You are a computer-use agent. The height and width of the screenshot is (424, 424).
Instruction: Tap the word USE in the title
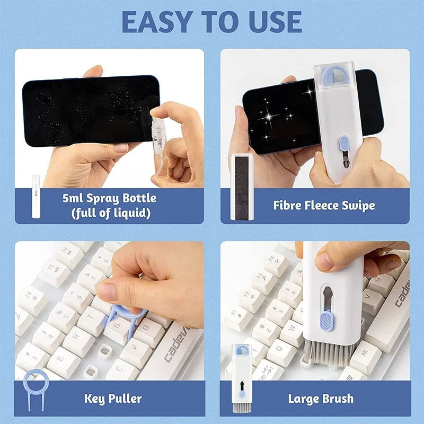[x=270, y=22]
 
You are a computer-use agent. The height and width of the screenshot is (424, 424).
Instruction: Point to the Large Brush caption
[x=321, y=398]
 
